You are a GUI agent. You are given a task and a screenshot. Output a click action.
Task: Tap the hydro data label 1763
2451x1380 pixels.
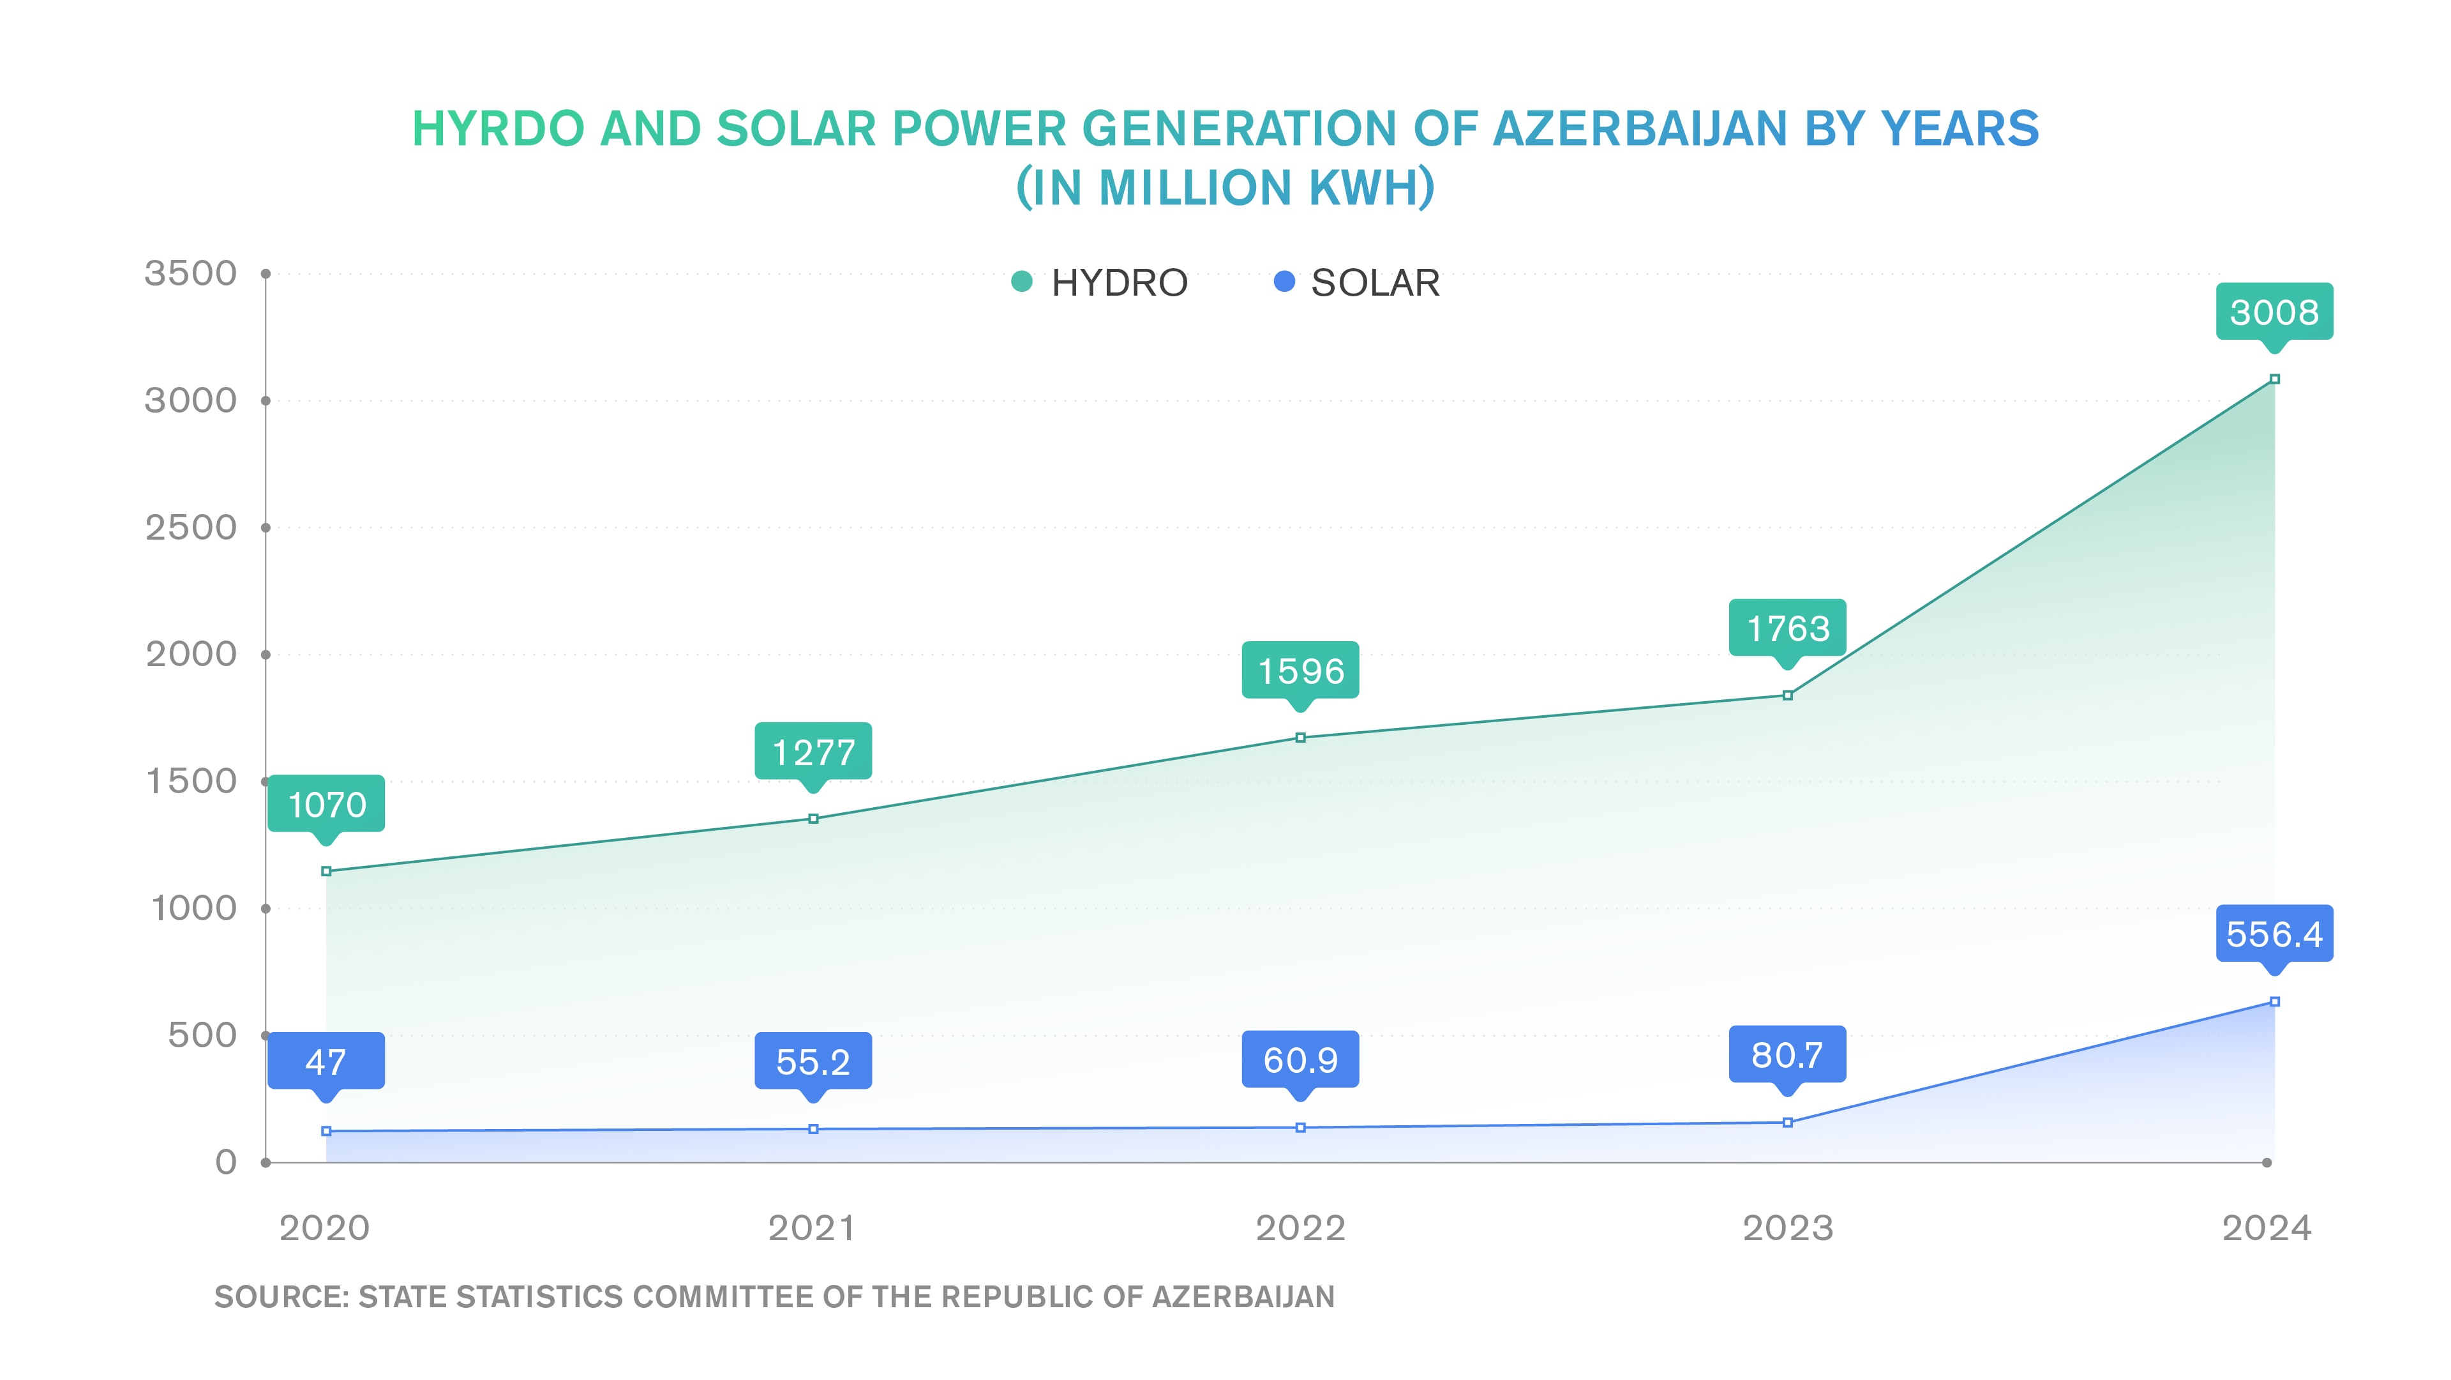1787,628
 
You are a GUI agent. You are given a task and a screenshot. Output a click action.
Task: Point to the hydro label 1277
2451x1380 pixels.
813,752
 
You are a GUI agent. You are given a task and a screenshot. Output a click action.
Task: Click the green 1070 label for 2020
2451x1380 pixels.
326,804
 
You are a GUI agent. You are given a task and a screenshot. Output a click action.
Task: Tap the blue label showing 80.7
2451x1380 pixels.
1787,1054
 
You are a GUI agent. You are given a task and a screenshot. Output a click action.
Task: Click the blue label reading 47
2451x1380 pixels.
326,1061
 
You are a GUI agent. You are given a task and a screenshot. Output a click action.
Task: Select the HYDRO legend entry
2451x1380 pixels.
1100,283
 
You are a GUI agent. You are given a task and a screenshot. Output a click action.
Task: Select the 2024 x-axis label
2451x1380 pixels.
2267,1228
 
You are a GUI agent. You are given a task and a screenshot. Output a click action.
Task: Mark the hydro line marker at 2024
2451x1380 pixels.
2274,379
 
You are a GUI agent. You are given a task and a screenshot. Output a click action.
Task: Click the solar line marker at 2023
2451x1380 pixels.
1787,1122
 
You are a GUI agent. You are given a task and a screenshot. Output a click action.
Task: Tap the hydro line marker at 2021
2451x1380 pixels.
813,819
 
